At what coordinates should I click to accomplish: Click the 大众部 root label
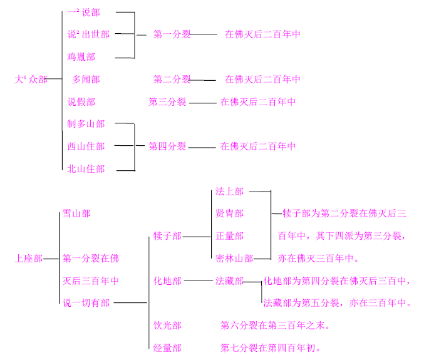[31, 80]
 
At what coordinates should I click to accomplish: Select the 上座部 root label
[29, 259]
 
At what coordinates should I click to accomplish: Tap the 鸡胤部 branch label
[81, 57]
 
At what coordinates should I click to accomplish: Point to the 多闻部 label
[86, 80]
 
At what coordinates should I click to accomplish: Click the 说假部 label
[81, 102]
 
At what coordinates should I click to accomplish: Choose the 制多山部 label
[86, 124]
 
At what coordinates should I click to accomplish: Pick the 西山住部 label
[86, 147]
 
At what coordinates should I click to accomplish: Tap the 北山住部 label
[86, 169]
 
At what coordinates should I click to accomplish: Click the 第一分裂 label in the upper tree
[172, 34]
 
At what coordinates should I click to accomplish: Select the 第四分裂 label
[167, 147]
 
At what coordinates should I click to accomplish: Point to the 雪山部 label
[76, 213]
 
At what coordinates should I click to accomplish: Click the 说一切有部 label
[86, 303]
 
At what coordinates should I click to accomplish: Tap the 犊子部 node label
[167, 236]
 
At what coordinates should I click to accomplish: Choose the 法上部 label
[229, 192]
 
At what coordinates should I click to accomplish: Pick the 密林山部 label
[234, 259]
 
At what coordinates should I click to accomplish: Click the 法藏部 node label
[229, 281]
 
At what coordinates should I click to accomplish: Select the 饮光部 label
[167, 326]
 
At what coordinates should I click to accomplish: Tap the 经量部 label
[167, 348]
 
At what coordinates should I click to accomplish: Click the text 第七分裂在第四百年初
[271, 348]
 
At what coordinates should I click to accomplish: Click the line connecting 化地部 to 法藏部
[199, 281]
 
